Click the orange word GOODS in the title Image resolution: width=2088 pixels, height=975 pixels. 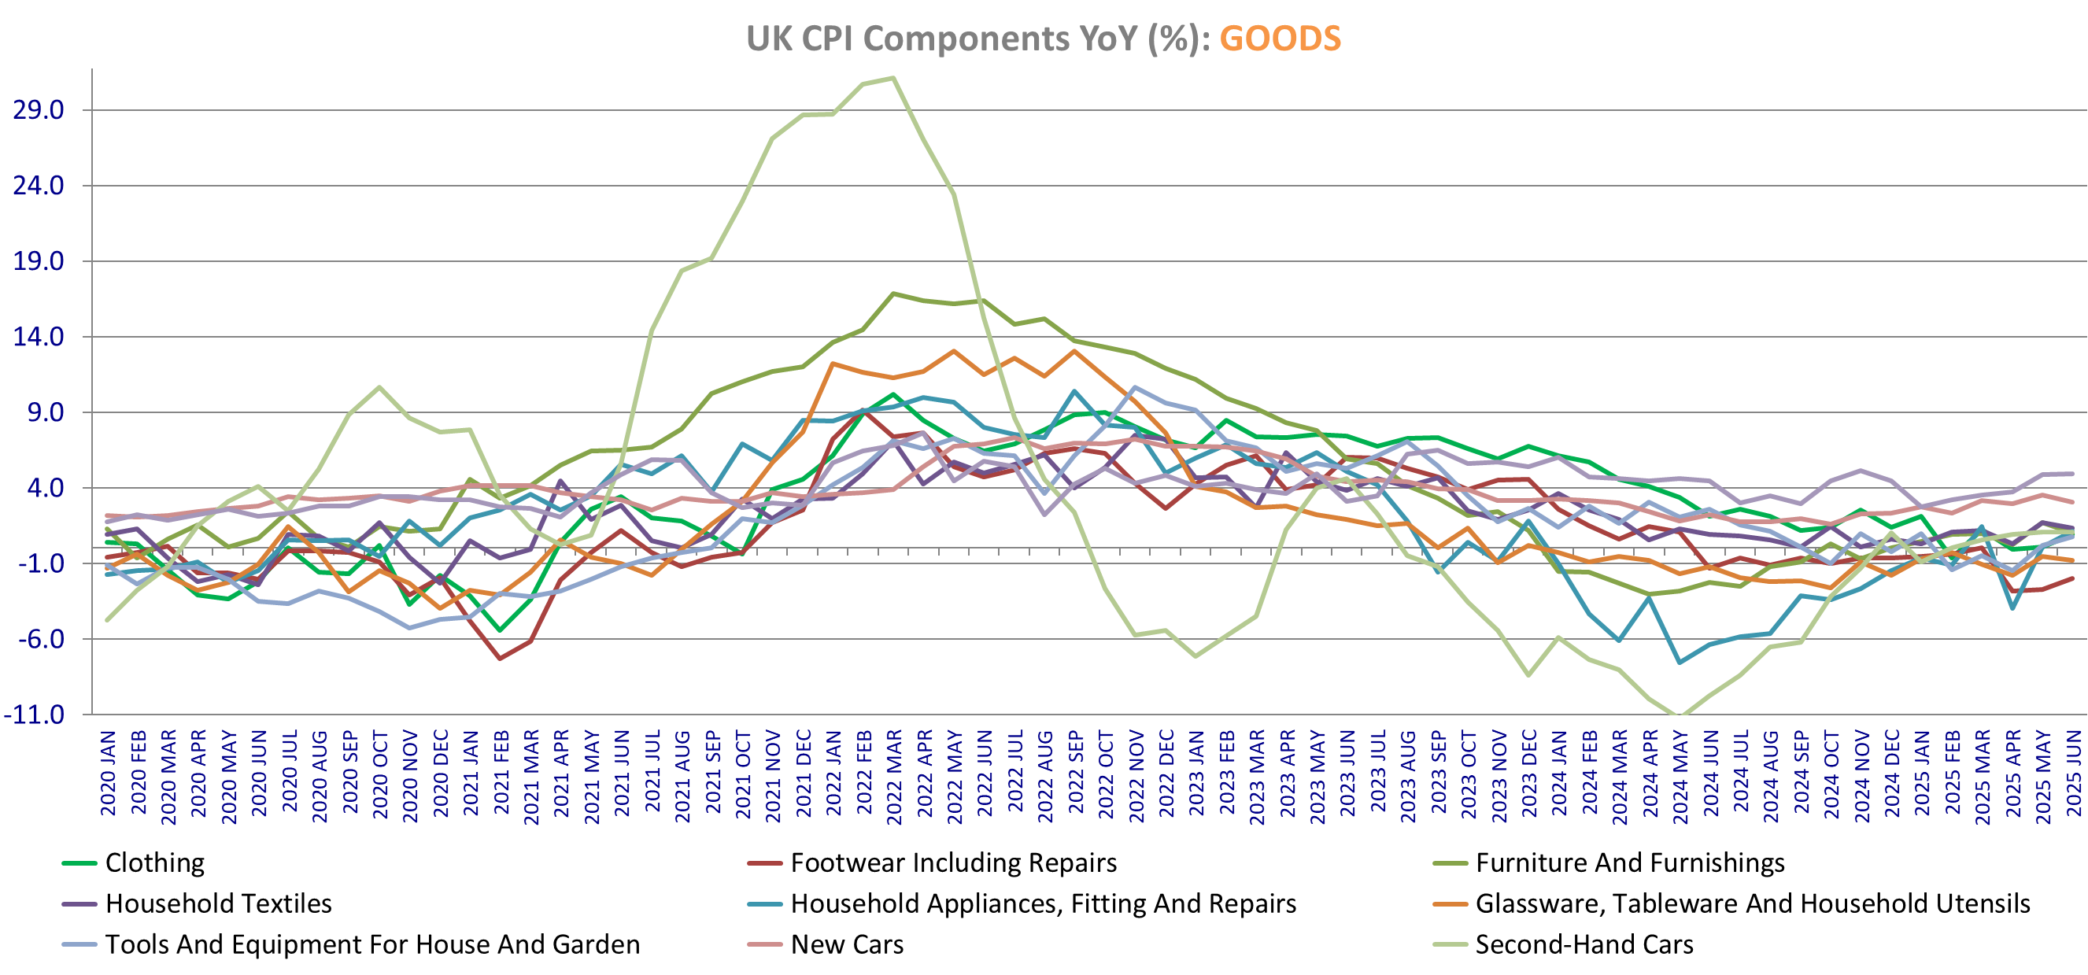click(1280, 39)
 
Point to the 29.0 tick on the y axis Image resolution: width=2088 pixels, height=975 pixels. click(38, 110)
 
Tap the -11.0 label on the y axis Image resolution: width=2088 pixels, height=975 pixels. click(34, 715)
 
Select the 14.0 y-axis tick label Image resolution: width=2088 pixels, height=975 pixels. click(38, 337)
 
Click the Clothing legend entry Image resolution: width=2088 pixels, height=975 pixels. click(155, 862)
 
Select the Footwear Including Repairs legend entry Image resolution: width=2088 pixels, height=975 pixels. click(953, 862)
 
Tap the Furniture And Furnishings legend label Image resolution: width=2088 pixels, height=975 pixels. click(1629, 862)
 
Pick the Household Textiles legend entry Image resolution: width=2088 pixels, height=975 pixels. click(218, 903)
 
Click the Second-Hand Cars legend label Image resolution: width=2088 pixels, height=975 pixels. click(1584, 944)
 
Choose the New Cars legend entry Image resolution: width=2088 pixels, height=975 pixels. click(846, 944)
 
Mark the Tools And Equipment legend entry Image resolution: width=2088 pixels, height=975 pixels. click(372, 944)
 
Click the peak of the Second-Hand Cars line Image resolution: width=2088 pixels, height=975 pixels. click(892, 78)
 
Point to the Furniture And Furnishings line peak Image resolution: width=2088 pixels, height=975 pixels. click(892, 294)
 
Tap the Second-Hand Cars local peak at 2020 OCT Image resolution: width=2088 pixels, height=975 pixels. click(379, 387)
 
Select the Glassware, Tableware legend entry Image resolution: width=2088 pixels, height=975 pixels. click(1752, 903)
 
